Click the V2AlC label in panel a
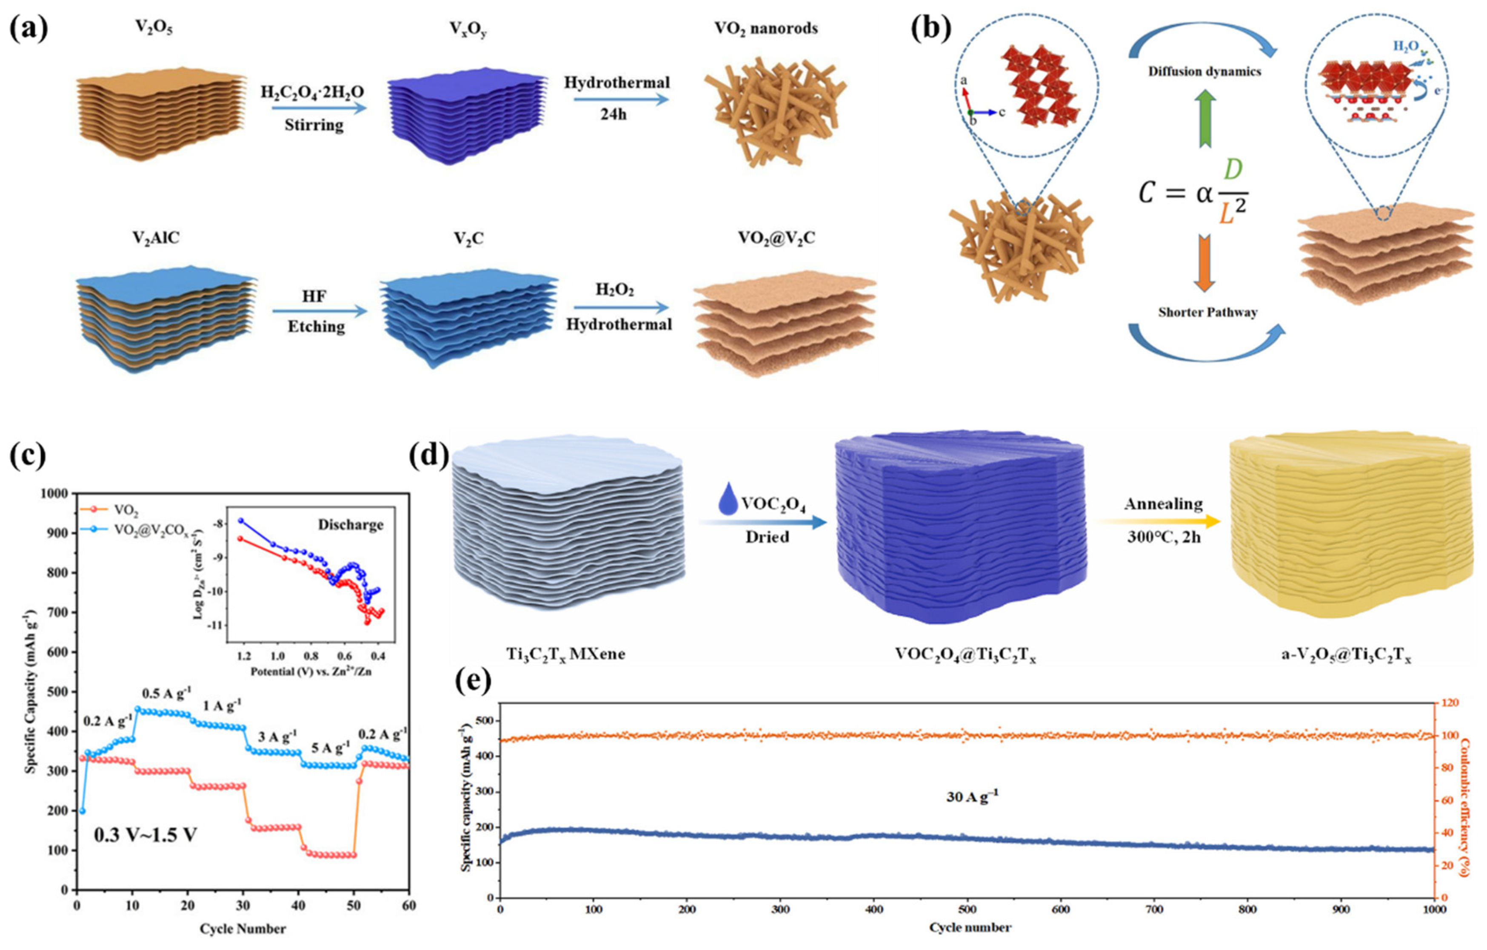(x=156, y=238)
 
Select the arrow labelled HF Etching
(x=319, y=311)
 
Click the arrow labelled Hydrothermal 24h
(x=621, y=98)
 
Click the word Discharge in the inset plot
(x=350, y=525)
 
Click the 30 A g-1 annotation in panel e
(x=972, y=797)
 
